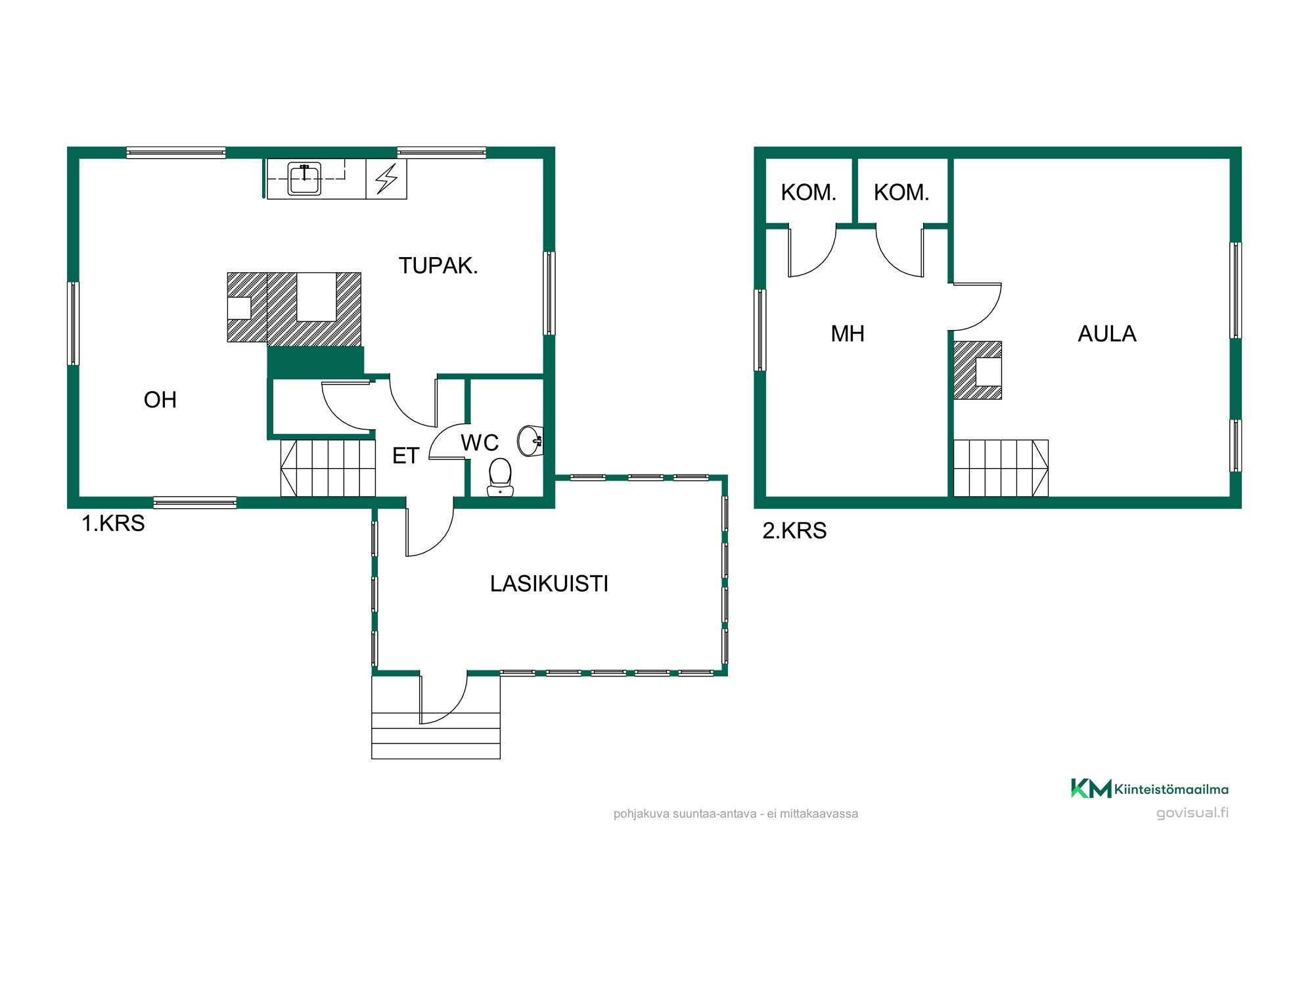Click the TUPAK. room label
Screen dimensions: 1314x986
pos(438,266)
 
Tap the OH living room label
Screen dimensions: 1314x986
pos(160,400)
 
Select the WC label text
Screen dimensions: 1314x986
pos(480,443)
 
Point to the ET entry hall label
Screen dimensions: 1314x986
pos(405,456)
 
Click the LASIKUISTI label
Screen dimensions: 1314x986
pos(549,584)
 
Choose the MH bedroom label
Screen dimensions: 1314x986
pos(848,334)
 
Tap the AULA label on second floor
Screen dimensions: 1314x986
pos(1107,334)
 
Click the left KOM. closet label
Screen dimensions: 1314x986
pos(809,193)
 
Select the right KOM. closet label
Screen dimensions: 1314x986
pos(901,193)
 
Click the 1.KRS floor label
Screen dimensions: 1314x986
pos(113,523)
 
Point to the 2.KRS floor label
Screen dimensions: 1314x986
pos(794,530)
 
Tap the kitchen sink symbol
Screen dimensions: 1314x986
pos(304,179)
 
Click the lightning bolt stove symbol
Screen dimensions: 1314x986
pos(386,179)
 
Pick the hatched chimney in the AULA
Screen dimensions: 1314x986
pos(978,370)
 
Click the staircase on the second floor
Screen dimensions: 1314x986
pos(1001,468)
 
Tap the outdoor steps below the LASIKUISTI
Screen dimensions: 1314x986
pos(436,718)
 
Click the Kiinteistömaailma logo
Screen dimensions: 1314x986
pos(1150,789)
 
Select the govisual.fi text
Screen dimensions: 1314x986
pos(1192,813)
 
